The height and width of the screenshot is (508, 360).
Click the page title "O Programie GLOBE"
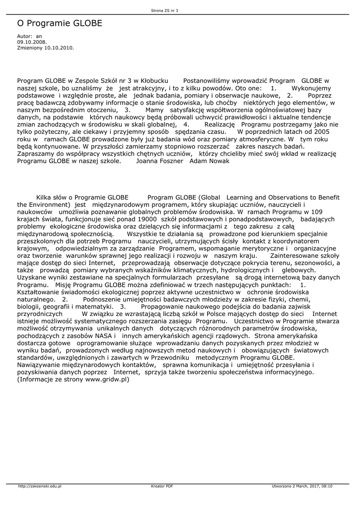click(x=60, y=23)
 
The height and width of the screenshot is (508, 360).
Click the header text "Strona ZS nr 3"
click(x=164, y=10)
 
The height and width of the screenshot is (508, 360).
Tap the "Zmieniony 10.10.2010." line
click(x=45, y=48)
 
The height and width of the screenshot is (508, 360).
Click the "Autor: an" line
click(x=29, y=36)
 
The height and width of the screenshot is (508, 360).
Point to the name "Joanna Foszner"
click(x=160, y=161)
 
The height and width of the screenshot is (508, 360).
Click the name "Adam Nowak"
click(x=210, y=161)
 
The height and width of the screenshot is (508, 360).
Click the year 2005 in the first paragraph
click(x=321, y=132)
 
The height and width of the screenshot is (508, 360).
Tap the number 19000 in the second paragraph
click(x=145, y=219)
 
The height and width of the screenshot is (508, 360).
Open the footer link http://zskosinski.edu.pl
click(x=39, y=486)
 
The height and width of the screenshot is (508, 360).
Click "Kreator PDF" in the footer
click(x=162, y=486)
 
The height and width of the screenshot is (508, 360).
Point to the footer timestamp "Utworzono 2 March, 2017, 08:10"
click(x=302, y=486)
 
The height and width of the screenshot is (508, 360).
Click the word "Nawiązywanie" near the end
click(x=41, y=365)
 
